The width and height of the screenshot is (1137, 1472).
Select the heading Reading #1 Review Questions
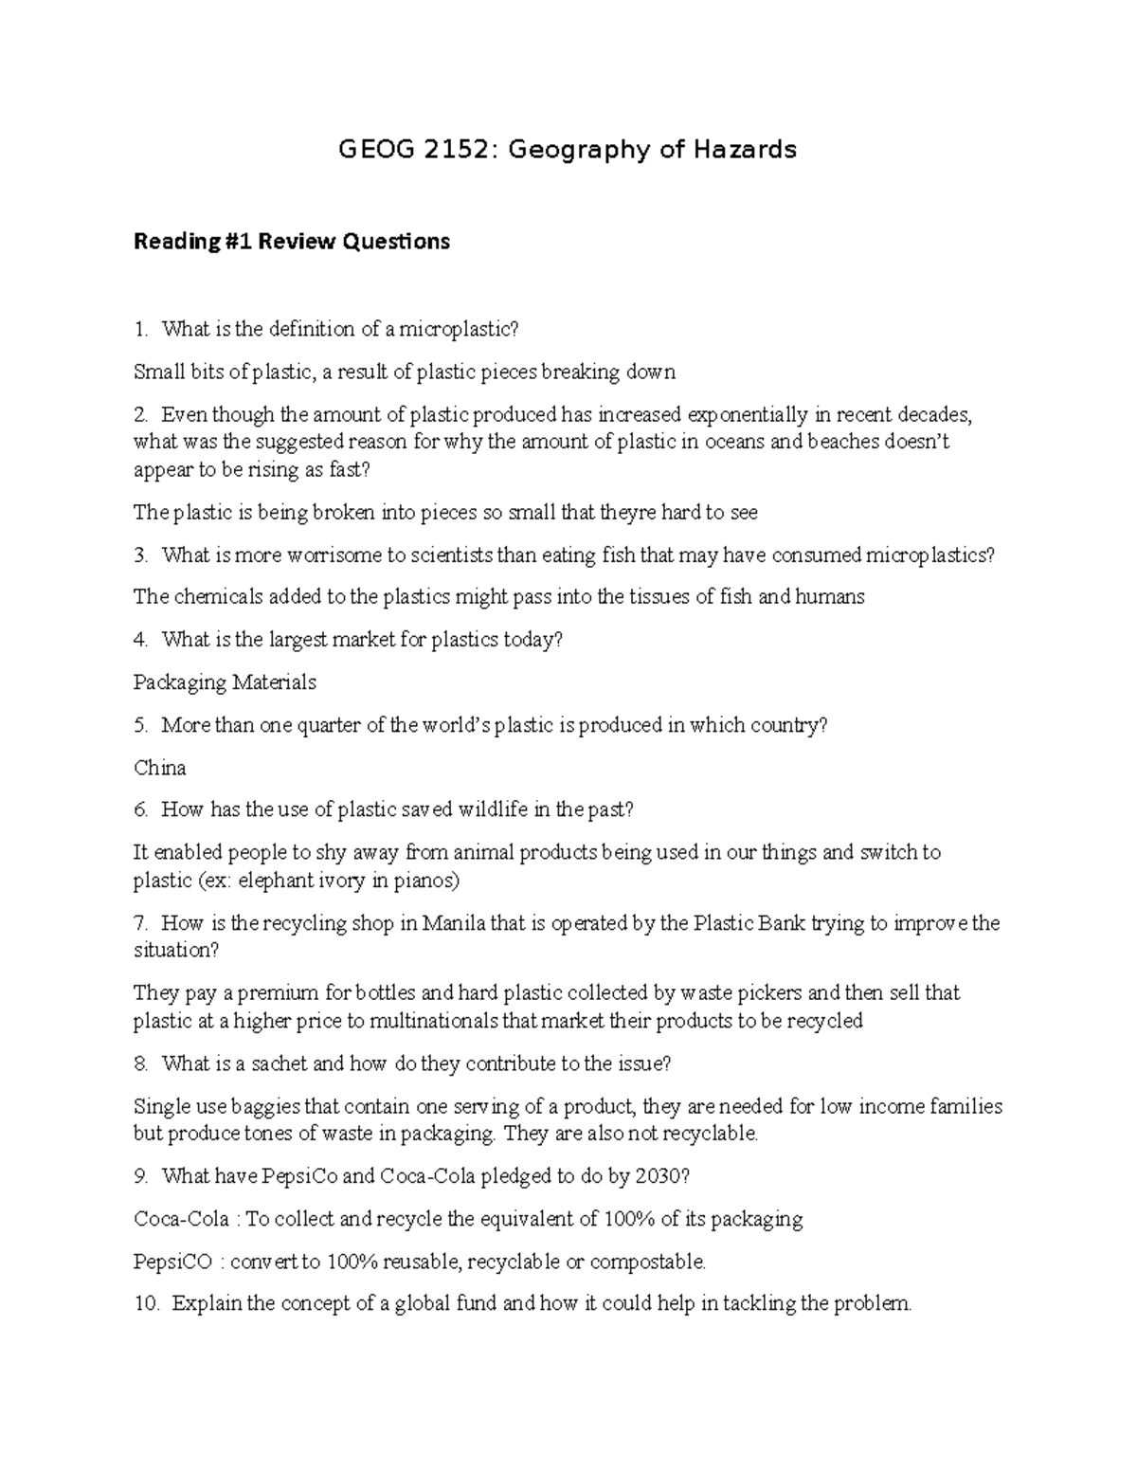pos(292,242)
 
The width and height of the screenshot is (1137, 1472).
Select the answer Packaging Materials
pos(225,682)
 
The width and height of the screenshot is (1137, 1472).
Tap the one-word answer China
pos(159,768)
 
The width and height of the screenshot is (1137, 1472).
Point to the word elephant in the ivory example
pos(275,881)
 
